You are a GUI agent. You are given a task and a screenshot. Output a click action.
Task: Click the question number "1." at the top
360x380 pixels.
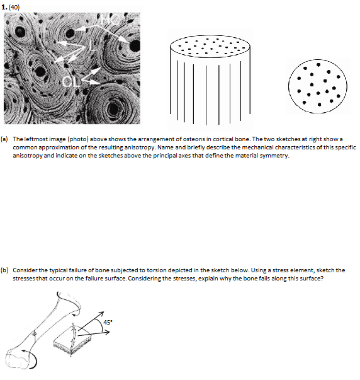[4, 5]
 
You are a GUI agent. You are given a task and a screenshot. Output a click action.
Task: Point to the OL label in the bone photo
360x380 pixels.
[71, 81]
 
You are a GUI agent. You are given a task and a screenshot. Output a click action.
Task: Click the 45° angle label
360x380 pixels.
[108, 323]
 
